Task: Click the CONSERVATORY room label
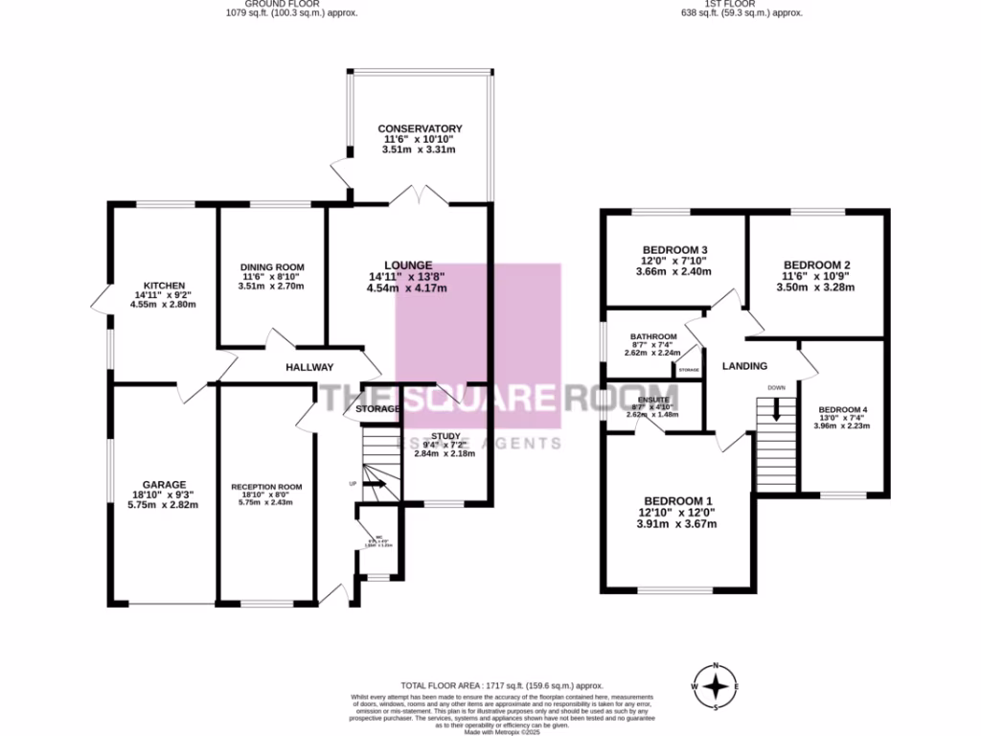pyautogui.click(x=420, y=128)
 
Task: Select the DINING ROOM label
pyautogui.click(x=271, y=267)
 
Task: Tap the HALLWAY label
pyautogui.click(x=309, y=367)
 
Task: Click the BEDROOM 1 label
pyautogui.click(x=678, y=500)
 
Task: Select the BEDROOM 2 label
pyautogui.click(x=817, y=265)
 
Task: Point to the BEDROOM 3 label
pyautogui.click(x=674, y=250)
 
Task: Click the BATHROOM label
pyautogui.click(x=653, y=336)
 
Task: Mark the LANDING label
pyautogui.click(x=744, y=366)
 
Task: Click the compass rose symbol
pyautogui.click(x=715, y=686)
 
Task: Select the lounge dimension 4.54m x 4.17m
pyautogui.click(x=407, y=287)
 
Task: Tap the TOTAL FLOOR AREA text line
pyautogui.click(x=502, y=686)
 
